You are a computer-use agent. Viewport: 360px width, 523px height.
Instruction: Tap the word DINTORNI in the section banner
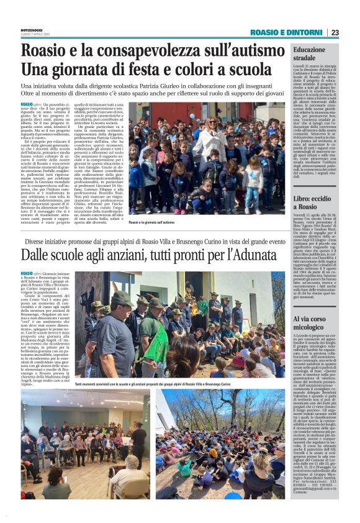coord(306,32)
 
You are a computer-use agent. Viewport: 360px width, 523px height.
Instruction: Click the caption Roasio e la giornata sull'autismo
coord(152,222)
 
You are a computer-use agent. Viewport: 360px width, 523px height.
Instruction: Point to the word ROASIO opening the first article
coord(27,103)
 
